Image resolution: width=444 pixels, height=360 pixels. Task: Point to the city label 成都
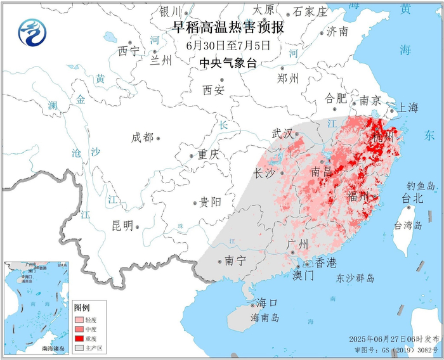(x=142, y=138)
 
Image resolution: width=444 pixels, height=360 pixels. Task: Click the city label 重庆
(x=207, y=155)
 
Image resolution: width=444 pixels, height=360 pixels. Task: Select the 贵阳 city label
(x=210, y=202)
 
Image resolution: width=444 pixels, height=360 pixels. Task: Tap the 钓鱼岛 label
(x=421, y=186)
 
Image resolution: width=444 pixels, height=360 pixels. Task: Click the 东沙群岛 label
(x=355, y=278)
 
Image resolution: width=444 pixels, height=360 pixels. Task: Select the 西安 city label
(x=214, y=90)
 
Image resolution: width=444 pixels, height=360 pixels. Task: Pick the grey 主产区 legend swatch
(x=80, y=348)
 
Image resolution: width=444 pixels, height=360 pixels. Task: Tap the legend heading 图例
(x=83, y=307)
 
